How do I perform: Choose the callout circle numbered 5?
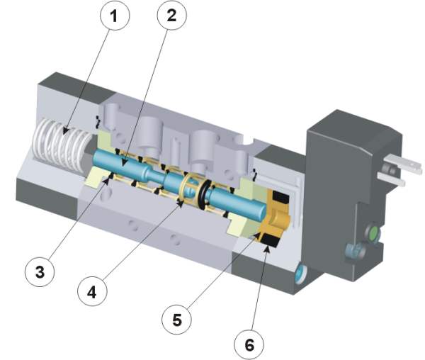(x=177, y=319)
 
